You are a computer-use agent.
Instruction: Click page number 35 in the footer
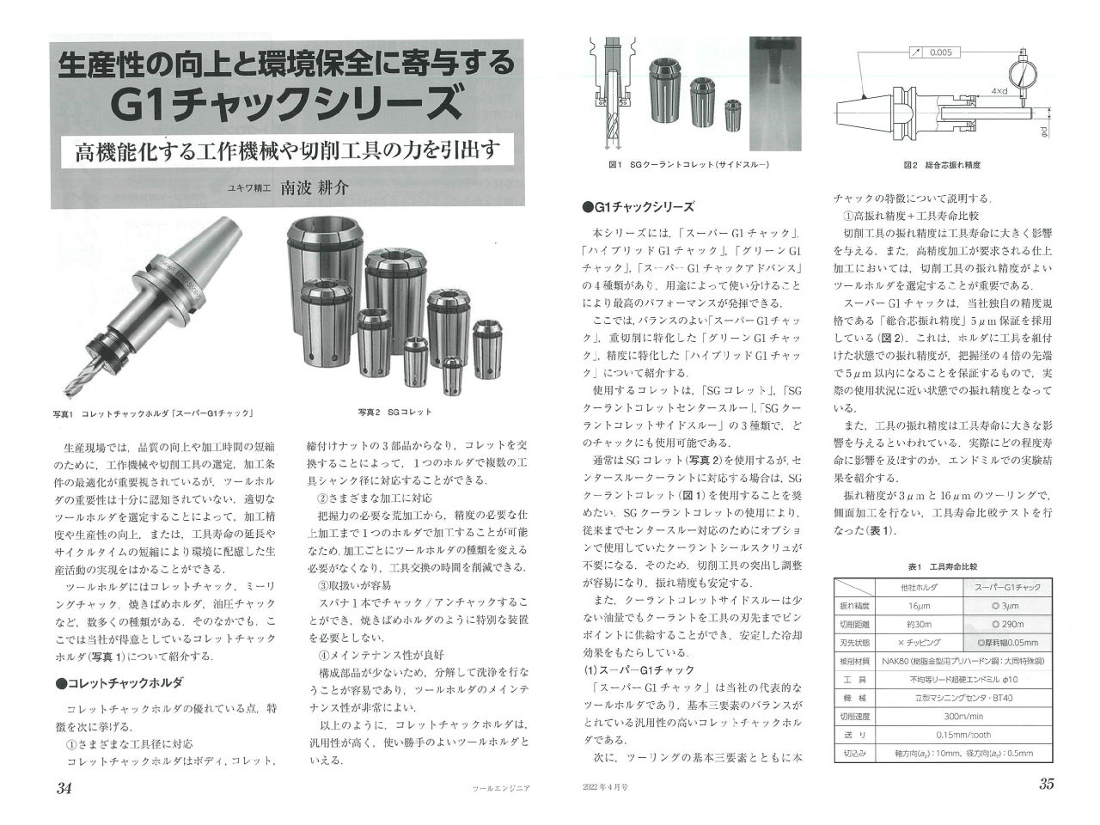(1046, 784)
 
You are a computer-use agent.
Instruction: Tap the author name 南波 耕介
(315, 187)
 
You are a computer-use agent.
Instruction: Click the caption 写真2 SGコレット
(394, 412)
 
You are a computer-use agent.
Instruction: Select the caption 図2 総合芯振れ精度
(941, 164)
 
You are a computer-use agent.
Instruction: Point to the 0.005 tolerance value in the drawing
(940, 53)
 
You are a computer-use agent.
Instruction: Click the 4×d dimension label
(999, 90)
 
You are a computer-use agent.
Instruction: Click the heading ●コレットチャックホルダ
(118, 683)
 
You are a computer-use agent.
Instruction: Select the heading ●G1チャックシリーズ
(638, 207)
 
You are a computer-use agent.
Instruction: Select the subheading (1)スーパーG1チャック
(639, 669)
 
